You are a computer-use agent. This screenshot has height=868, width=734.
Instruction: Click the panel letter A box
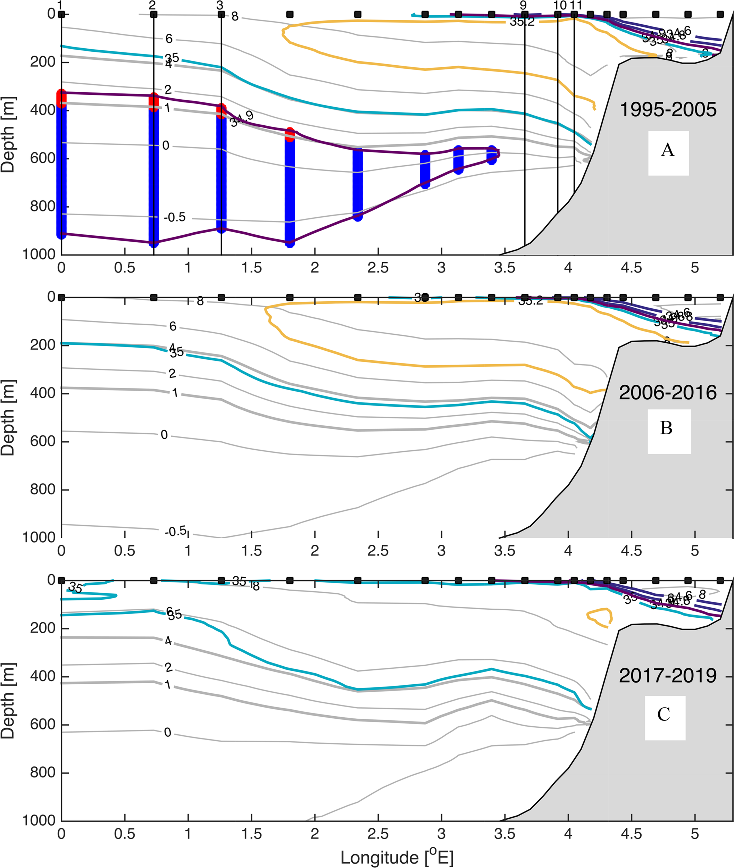click(x=668, y=153)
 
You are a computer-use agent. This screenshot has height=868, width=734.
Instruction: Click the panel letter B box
click(x=669, y=431)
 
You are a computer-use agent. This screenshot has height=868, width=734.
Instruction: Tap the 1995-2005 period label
click(x=668, y=110)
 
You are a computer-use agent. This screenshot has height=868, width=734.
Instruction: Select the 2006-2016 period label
click(x=667, y=392)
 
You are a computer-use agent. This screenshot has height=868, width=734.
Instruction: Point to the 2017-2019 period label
click(x=667, y=675)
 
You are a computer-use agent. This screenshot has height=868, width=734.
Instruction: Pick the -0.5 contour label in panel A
click(x=174, y=217)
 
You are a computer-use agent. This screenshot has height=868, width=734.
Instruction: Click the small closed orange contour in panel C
click(x=600, y=618)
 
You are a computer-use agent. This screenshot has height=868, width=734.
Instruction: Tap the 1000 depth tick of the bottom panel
click(x=38, y=820)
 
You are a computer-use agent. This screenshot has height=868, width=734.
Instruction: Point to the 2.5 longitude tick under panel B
click(x=378, y=551)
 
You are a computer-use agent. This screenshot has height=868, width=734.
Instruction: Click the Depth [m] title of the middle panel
click(x=8, y=417)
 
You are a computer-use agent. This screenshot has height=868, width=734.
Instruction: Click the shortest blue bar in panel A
click(x=492, y=155)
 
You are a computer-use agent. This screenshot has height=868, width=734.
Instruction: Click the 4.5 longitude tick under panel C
click(x=631, y=834)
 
